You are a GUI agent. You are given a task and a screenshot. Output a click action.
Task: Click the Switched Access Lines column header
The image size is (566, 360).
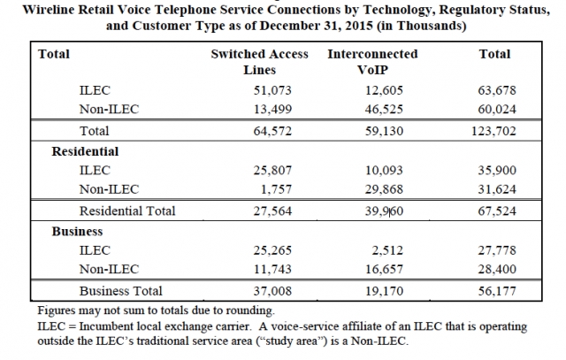259,62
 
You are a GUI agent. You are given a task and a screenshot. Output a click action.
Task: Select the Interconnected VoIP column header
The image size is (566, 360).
372,62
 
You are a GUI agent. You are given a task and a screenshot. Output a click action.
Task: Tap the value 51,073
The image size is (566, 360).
272,90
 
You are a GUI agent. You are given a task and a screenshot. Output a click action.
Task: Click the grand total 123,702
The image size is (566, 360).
493,131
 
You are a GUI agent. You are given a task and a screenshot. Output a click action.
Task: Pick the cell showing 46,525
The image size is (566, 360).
384,109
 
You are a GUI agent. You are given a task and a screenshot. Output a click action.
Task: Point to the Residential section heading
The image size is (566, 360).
85,151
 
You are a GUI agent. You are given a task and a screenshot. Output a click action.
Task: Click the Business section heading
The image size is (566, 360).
77,232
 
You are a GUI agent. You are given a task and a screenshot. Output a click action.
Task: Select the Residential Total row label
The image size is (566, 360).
127,211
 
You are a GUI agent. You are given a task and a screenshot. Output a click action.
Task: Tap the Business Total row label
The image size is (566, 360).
121,291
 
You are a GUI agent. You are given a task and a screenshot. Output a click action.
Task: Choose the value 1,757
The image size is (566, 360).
276,189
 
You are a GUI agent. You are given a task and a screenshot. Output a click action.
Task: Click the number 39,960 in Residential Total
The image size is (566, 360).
384,211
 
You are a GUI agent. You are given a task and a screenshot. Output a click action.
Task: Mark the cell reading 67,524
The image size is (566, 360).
497,211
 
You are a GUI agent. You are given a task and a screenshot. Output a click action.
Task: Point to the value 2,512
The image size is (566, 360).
387,250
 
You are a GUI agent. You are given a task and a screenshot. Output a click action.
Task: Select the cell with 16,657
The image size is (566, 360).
384,270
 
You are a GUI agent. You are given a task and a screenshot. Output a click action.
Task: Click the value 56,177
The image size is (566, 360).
497,291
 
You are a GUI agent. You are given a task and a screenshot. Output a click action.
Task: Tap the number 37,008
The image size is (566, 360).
272,291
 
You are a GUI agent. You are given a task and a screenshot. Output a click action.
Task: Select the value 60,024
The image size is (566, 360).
497,109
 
